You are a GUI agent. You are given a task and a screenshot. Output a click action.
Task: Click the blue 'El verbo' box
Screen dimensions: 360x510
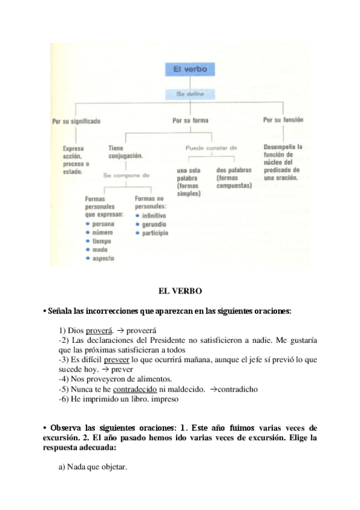click(x=189, y=70)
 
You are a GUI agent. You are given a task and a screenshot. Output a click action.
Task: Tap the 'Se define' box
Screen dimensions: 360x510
click(x=191, y=94)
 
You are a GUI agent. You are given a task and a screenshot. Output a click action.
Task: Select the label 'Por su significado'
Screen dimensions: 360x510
click(x=76, y=120)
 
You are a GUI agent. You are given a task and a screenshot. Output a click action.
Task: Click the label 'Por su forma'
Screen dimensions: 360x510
click(x=191, y=120)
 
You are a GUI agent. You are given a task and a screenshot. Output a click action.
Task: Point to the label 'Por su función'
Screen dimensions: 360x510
click(x=283, y=120)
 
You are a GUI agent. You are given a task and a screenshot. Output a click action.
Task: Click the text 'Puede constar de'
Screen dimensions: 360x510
click(x=212, y=147)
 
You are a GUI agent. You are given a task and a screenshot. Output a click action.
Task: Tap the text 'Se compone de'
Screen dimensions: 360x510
click(x=126, y=176)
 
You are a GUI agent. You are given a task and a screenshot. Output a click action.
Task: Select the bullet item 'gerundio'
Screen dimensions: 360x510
click(x=154, y=224)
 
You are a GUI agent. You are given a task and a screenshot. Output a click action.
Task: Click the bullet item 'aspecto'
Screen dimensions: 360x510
click(x=103, y=258)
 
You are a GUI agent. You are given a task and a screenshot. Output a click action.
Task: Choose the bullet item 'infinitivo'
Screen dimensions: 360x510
click(x=154, y=215)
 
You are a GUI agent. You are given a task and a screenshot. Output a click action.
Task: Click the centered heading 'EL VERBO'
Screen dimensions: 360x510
click(x=180, y=291)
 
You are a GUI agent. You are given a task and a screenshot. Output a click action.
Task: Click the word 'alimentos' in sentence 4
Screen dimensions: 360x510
click(x=153, y=379)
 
